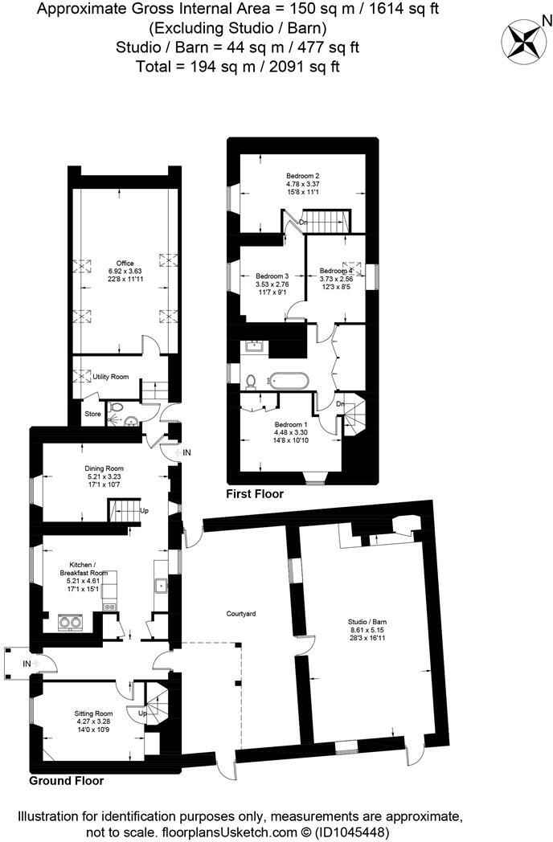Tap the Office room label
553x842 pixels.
125,264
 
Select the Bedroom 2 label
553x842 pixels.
303,176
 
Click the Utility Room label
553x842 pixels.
110,376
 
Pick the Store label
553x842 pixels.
94,414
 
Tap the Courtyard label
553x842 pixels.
240,614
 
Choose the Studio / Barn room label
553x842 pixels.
367,622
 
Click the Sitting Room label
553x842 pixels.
94,713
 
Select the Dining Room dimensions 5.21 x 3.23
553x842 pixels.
104,476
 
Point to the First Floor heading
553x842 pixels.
255,494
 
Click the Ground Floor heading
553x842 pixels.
67,780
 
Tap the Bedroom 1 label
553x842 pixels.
291,424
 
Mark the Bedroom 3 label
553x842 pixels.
272,276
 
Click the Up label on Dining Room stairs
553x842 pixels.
145,510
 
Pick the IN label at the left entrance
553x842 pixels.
27,664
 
